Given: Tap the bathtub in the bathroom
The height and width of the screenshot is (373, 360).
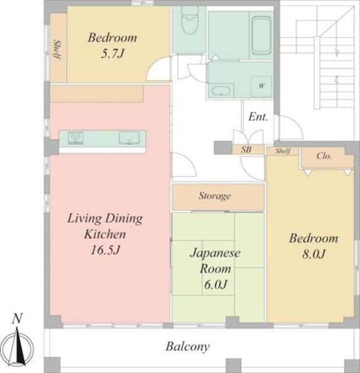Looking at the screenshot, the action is pos(261,35).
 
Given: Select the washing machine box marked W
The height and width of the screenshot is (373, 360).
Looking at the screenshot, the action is pos(261,87).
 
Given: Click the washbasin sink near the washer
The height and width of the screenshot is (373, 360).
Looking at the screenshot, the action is pos(221,91).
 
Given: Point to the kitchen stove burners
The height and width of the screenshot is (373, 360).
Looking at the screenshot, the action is pos(76,138).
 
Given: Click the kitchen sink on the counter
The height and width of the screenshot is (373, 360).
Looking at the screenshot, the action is pos(129,138).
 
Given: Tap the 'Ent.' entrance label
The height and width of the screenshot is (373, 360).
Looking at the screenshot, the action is pos(258,117).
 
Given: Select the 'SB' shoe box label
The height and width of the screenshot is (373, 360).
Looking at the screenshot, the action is pos(246,150).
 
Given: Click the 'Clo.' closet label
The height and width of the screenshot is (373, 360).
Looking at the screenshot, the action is pos(324,156).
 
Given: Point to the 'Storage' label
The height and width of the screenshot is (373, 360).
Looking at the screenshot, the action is pos(215,196).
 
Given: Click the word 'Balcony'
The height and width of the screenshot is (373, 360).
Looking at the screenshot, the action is pos(188,347).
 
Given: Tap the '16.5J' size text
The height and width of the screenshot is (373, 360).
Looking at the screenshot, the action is pos(105,250).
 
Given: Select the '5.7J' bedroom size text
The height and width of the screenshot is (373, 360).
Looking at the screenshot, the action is pos(113,54).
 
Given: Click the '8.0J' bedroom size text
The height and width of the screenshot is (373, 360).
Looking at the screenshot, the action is pos(313,254).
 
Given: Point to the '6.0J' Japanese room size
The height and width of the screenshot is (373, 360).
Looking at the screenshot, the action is pos(215,284).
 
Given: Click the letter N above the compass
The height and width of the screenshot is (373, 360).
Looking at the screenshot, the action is pos(17,319).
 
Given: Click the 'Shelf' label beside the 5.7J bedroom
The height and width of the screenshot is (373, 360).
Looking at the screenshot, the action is pos(57,50).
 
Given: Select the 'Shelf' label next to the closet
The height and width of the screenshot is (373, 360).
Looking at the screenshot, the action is pos(283,151).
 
